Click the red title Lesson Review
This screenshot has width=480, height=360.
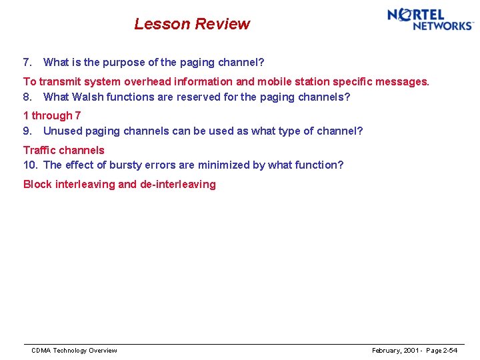(192, 24)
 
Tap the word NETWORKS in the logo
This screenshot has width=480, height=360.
(443, 26)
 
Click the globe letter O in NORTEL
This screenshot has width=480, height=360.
(405, 15)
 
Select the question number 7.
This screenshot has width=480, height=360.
(27, 63)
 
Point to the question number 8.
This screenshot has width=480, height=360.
(27, 97)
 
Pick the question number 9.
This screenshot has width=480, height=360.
(27, 131)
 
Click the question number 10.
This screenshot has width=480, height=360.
(30, 165)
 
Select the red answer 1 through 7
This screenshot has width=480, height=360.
(52, 116)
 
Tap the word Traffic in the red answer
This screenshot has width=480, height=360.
(41, 150)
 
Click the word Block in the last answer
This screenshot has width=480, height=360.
(37, 185)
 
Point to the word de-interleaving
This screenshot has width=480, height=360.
(178, 185)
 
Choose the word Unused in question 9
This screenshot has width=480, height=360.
(62, 131)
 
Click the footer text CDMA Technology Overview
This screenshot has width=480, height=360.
(74, 351)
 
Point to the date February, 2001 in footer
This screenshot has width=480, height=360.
(395, 351)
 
